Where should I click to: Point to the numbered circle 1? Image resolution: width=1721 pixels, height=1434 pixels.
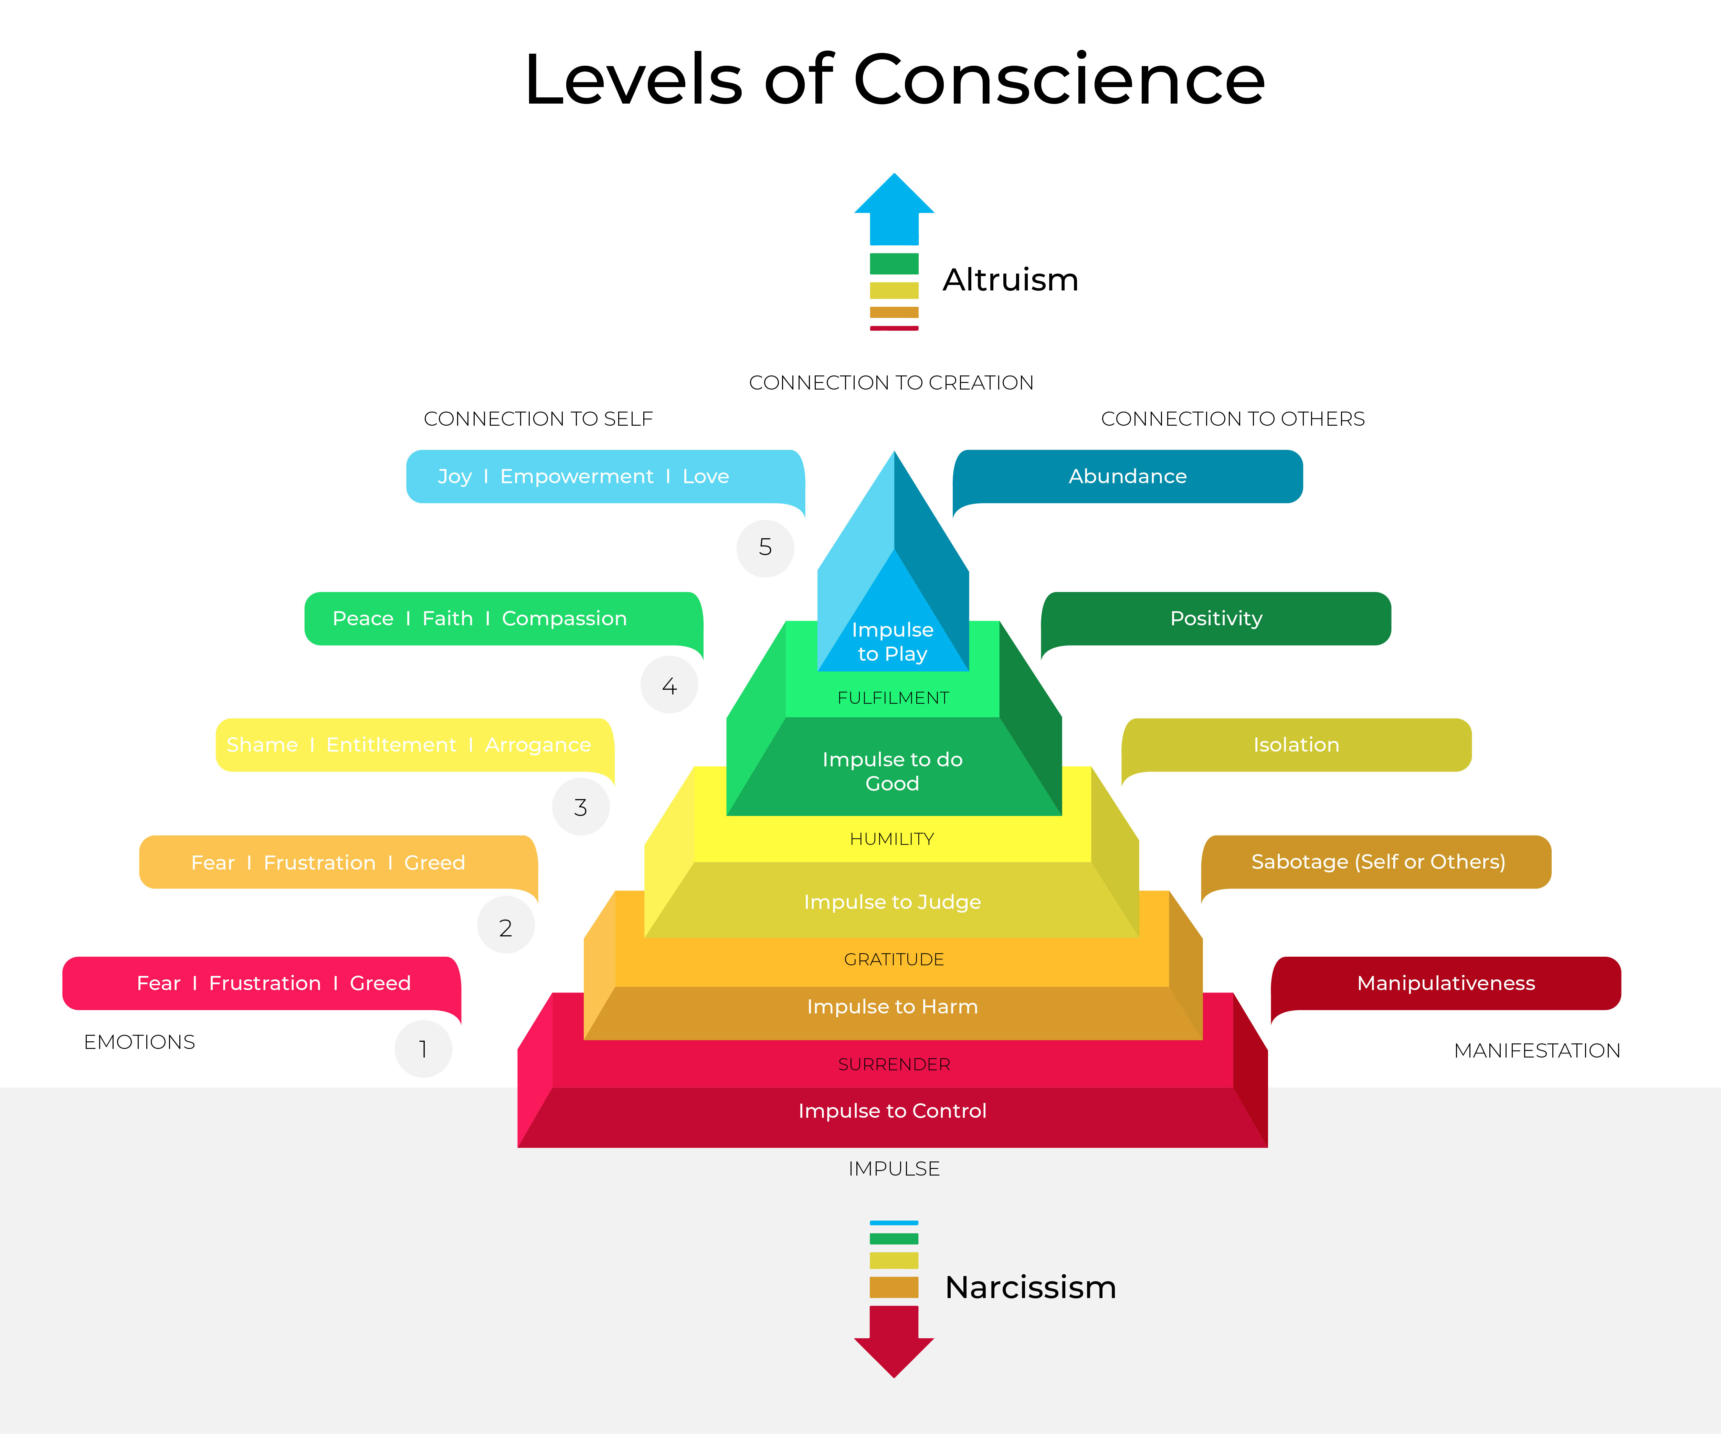tap(423, 1049)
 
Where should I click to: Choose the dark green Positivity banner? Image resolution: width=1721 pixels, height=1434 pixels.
tap(1216, 619)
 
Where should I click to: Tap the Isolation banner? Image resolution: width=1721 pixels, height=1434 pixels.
tap(1297, 745)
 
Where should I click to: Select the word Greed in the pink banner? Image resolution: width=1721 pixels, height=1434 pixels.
tap(380, 983)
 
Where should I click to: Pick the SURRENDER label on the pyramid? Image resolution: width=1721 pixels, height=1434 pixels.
tap(894, 1064)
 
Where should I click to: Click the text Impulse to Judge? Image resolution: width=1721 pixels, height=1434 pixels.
tap(893, 902)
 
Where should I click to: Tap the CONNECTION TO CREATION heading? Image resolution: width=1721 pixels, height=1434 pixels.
tap(891, 383)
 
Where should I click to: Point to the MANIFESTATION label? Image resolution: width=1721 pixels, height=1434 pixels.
tap(1538, 1051)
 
